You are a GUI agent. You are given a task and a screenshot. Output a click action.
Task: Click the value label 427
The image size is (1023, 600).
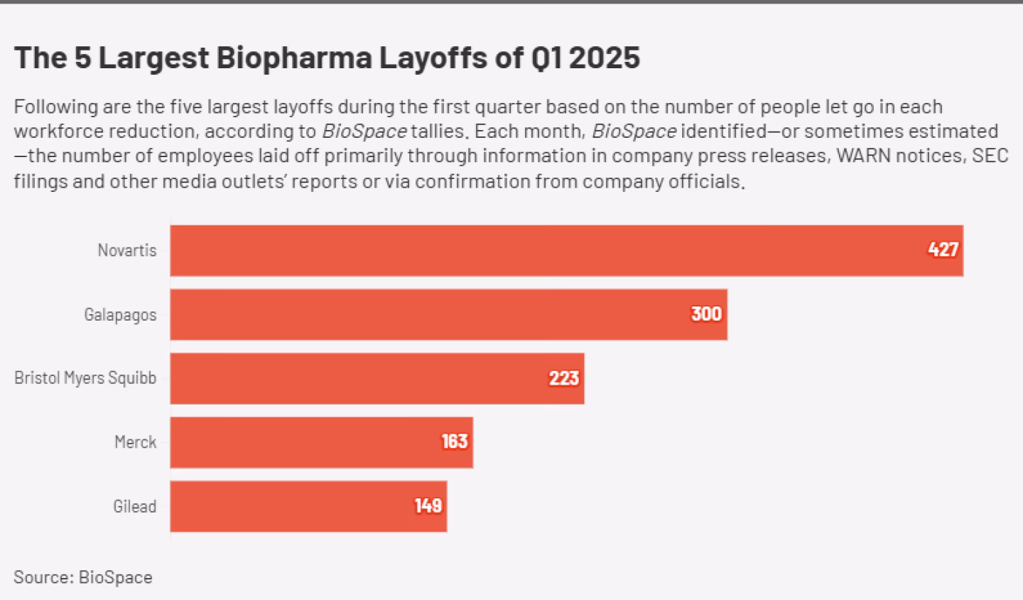pos(943,250)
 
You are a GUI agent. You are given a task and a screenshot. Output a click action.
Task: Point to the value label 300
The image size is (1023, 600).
pos(706,314)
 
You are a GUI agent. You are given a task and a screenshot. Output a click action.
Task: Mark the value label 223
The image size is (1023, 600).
pos(563,378)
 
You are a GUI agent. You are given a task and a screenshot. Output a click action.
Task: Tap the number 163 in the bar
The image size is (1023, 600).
pos(454,441)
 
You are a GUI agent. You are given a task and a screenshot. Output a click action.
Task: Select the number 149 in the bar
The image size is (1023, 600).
pos(428,505)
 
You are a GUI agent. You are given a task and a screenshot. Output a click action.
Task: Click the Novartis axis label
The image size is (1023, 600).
pos(127,250)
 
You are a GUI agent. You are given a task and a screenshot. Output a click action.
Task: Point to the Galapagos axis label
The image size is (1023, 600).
pos(120,314)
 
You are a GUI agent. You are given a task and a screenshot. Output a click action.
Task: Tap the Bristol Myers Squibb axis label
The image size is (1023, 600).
pos(85,378)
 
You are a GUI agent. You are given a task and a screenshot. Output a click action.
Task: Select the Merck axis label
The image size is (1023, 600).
pos(135,442)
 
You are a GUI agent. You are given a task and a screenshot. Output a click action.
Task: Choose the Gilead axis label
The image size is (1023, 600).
pos(134,506)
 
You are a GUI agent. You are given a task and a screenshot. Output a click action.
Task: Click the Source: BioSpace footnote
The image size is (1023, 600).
pos(83,577)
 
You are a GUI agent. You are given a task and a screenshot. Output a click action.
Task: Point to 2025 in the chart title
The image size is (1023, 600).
pos(604,58)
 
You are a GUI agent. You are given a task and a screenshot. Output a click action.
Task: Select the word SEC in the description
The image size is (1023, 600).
pos(990,156)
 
